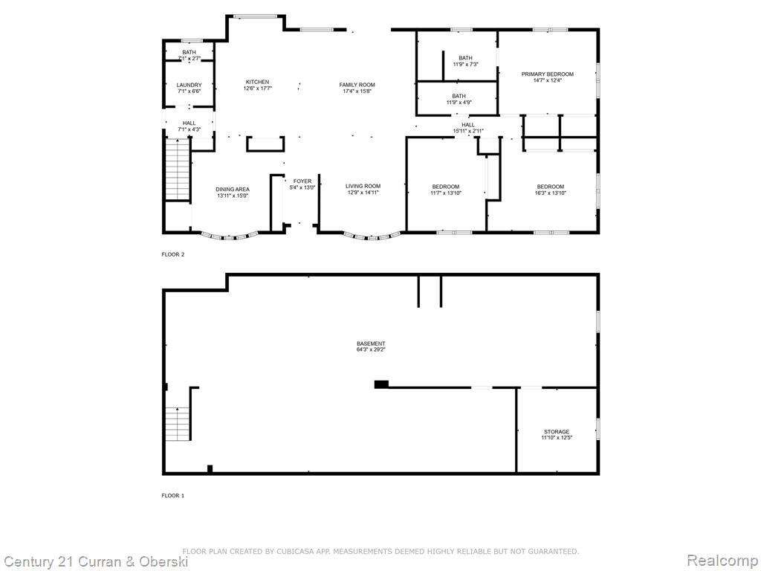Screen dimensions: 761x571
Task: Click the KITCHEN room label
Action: point(257,82)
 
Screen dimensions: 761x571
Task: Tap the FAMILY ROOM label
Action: point(357,85)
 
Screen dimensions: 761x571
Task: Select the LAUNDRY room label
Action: point(190,85)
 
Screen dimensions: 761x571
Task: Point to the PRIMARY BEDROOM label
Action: point(548,74)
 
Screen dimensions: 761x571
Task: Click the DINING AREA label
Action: point(233,190)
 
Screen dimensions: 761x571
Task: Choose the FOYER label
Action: point(302,181)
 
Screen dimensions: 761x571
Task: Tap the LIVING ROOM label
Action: point(363,186)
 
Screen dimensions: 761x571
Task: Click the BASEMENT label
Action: point(372,343)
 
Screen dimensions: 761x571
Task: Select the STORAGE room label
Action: point(557,432)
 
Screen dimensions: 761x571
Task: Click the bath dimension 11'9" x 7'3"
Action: point(465,64)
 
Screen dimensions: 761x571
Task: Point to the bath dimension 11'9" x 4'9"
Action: point(459,103)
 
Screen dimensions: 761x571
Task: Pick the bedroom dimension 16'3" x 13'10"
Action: point(551,193)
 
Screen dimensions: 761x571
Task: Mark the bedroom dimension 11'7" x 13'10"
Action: point(446,193)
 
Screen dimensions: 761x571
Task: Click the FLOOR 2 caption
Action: point(173,254)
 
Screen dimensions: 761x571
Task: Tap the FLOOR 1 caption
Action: point(173,496)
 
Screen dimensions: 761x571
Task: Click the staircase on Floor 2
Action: point(177,170)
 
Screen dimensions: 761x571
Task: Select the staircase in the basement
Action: point(178,423)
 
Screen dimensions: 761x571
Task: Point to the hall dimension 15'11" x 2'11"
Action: point(468,131)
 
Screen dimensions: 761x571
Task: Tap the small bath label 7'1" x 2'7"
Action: point(190,58)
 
